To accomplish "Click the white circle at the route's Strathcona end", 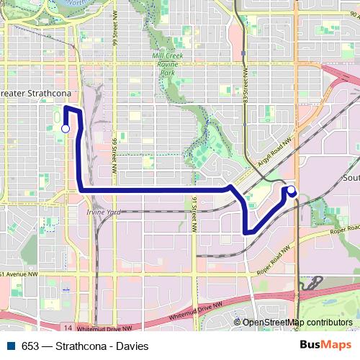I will coord(66,128).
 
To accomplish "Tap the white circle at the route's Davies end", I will coord(292,191).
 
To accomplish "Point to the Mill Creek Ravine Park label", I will coord(168,64).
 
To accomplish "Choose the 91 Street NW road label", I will coord(194,213).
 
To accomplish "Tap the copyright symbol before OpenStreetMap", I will coord(238,323).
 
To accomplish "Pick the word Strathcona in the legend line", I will coord(78,346).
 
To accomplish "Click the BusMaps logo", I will coord(325,346).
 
